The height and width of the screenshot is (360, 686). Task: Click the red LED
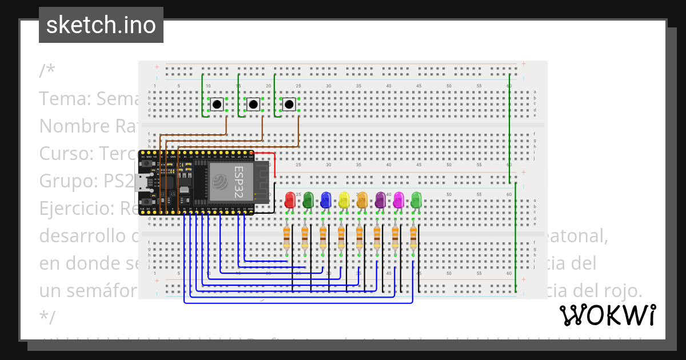pos(290,200)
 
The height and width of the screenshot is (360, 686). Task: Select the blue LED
pos(326,199)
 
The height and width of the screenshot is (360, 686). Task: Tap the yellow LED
pos(344,199)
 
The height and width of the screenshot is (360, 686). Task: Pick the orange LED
pos(362,199)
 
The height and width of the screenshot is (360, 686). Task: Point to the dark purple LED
pos(380,199)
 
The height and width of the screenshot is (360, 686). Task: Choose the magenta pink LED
pos(398,199)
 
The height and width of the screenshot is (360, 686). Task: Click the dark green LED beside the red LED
pos(308,199)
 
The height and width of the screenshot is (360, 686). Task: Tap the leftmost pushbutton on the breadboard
pos(217,105)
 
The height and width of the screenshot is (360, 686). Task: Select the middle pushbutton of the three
pos(253,105)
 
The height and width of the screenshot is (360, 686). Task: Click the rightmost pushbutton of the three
pos(289,105)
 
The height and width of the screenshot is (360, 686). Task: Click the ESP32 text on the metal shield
pos(239,182)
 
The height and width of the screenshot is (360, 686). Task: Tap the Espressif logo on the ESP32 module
pos(221,182)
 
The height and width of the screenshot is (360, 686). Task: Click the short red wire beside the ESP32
pos(275,165)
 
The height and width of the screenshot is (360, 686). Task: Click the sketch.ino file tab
pos(101,25)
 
